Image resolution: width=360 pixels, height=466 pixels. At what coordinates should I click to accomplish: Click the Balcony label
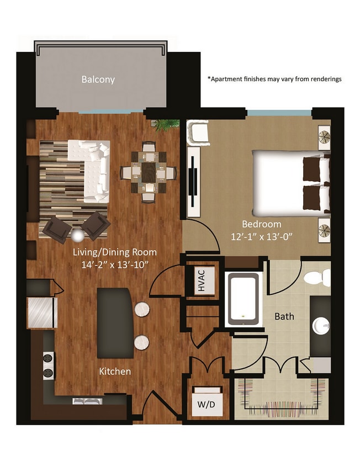[x=98, y=80]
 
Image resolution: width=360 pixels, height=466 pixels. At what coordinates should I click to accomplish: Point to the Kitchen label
[x=115, y=371]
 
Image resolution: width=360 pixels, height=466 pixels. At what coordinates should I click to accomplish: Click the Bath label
[x=284, y=316]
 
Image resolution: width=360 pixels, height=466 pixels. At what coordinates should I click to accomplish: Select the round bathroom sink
[x=321, y=326]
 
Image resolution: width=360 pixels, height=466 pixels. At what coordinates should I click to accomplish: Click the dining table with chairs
[x=148, y=172]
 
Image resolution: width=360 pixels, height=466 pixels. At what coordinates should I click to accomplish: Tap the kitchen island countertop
[x=114, y=323]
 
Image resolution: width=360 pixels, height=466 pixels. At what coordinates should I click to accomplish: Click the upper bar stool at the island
[x=141, y=309]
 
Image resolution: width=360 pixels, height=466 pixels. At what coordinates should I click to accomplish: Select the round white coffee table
[x=78, y=236]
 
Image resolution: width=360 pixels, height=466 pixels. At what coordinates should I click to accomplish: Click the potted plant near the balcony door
[x=163, y=125]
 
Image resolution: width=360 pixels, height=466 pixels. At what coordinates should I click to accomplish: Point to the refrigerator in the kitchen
[x=42, y=313]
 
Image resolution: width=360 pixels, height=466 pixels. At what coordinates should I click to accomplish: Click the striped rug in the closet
[x=282, y=396]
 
